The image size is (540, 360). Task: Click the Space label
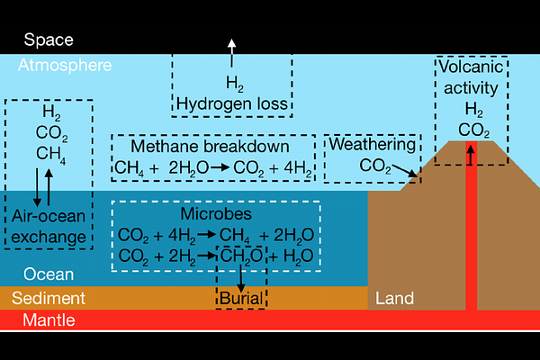[x=49, y=40]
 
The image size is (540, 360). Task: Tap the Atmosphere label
[x=65, y=65]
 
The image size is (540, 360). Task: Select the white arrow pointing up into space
[x=232, y=53]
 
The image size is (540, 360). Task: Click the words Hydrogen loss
[x=232, y=104]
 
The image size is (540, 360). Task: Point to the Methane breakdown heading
[x=210, y=147]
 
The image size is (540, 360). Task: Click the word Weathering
[x=372, y=144]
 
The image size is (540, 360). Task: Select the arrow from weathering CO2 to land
[x=405, y=171]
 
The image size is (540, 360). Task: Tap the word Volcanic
[x=471, y=67]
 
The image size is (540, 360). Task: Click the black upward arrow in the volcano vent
[x=471, y=155]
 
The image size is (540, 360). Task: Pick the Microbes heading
[x=216, y=214]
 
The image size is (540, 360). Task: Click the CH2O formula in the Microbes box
[x=241, y=256]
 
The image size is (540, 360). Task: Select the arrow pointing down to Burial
[x=240, y=278]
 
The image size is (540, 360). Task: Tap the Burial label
[x=241, y=298]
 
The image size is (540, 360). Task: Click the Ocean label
[x=49, y=274]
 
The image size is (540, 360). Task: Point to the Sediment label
[x=49, y=298]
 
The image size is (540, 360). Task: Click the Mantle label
[x=49, y=320]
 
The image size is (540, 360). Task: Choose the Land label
[x=394, y=298]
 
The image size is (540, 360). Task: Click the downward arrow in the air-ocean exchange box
[x=37, y=187]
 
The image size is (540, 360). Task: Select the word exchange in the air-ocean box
[x=49, y=238]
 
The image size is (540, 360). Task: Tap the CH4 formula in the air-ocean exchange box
[x=51, y=154]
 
